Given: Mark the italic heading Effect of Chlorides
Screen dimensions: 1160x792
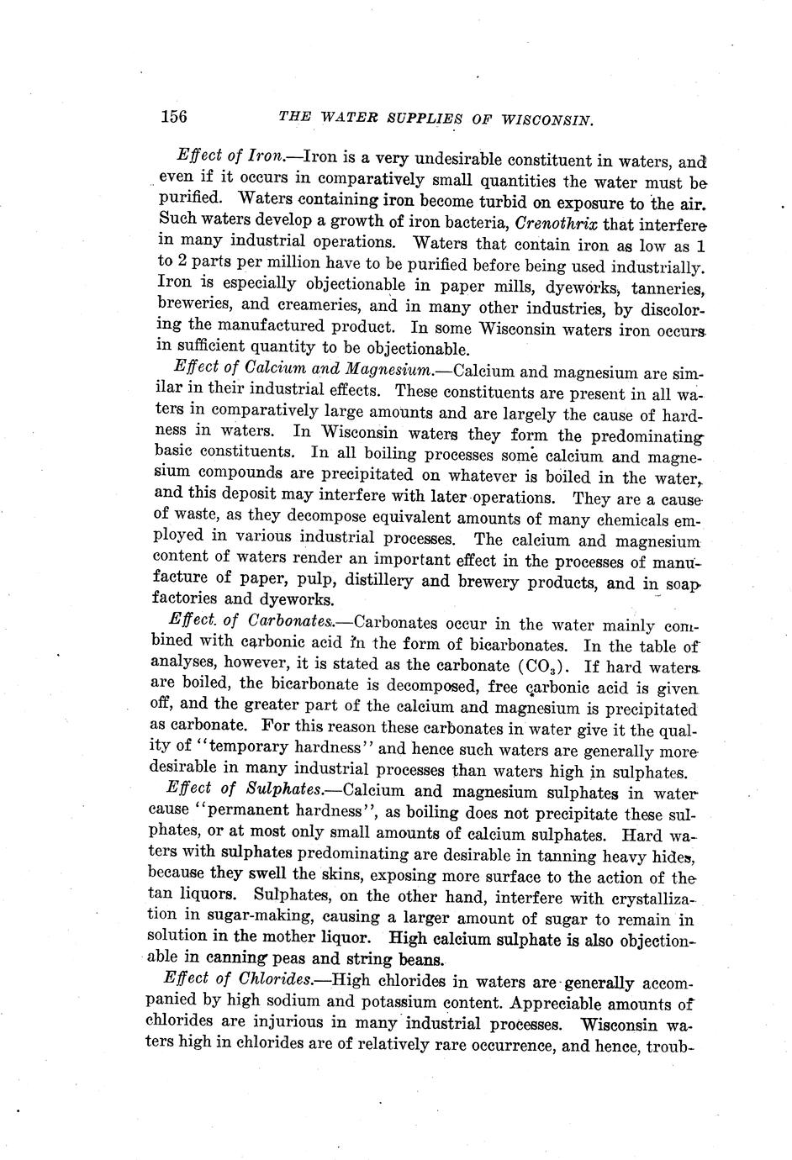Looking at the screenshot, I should pos(237,981).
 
